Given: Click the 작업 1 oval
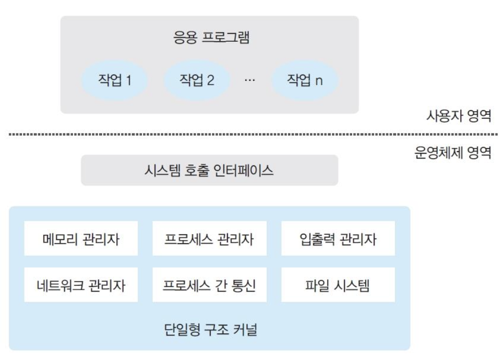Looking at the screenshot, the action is tap(114, 80).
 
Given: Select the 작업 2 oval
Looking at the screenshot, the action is tap(197, 80).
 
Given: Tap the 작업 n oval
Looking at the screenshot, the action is tap(305, 80).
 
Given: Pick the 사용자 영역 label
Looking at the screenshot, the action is tap(459, 116).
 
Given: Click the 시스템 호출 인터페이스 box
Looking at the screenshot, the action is tap(209, 170).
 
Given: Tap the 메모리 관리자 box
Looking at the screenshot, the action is tap(81, 239).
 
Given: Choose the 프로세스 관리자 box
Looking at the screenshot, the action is tap(209, 239).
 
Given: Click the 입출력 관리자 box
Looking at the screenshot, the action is tap(338, 239).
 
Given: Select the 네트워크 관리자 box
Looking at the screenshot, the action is tap(81, 285).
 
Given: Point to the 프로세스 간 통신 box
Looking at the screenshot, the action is tap(209, 285).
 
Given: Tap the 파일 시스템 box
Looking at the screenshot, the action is tap(338, 285).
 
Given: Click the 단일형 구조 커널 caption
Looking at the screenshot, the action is tap(209, 330).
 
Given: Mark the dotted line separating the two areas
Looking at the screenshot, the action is tap(250, 135).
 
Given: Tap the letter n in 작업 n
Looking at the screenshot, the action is tap(319, 81).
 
